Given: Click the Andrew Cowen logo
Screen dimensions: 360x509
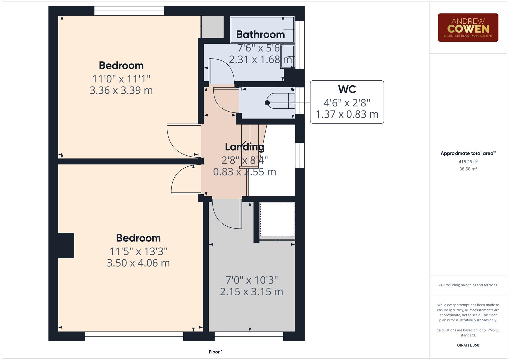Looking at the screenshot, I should [468, 28].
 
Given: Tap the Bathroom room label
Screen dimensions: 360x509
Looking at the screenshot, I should [260, 34].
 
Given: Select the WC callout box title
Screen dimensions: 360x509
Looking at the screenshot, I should [347, 89].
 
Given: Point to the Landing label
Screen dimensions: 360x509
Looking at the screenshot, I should [244, 147].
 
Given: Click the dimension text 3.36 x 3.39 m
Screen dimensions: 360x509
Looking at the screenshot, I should [121, 90].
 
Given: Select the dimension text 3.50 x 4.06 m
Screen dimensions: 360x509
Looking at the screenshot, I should [138, 263].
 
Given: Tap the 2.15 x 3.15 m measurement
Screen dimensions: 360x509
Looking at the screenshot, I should [251, 292].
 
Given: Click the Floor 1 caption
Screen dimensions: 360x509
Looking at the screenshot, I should [216, 352].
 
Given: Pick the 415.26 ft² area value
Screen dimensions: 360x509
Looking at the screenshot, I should [468, 162].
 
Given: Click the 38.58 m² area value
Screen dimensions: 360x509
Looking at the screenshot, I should [468, 169].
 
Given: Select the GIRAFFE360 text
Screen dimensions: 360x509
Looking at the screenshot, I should [468, 345].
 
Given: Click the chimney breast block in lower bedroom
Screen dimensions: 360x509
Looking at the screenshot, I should [66, 245].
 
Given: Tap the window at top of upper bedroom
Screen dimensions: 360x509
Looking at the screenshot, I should [129, 11].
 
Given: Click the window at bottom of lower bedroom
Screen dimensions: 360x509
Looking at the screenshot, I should [134, 336].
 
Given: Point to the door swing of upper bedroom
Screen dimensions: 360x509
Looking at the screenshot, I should [182, 140].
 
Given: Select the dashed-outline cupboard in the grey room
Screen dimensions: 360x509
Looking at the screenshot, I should [277, 219].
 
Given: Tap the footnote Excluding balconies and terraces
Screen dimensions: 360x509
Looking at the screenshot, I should [468, 285].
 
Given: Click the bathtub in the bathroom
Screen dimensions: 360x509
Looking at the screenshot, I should [262, 30].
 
